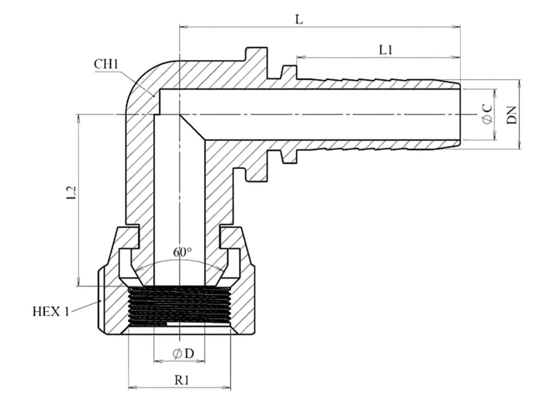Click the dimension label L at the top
(299, 19)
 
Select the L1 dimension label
(386, 50)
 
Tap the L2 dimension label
(71, 192)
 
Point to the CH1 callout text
(106, 64)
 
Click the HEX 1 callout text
(51, 311)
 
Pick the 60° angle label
(183, 252)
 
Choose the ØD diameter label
(183, 353)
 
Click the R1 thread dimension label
(182, 380)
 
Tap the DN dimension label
(512, 115)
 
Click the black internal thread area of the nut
(179, 306)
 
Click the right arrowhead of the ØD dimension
(201, 361)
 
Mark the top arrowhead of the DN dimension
(519, 83)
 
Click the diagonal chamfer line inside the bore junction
(192, 127)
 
